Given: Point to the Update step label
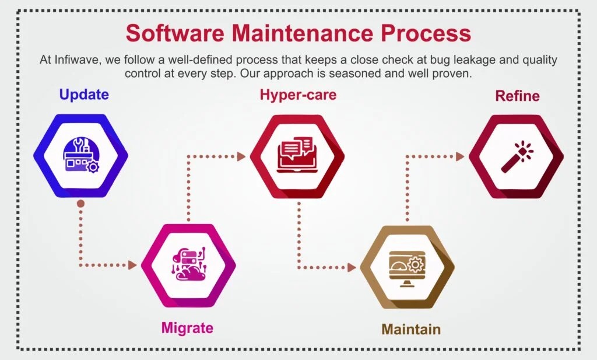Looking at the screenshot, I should pyautogui.click(x=83, y=94).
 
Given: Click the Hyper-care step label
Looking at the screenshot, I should pyautogui.click(x=298, y=95).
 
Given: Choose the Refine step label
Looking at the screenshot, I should pyautogui.click(x=517, y=96).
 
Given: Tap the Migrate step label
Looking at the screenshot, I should pyautogui.click(x=187, y=327).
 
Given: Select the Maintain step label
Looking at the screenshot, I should pyautogui.click(x=411, y=329).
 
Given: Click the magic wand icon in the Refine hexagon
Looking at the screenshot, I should pyautogui.click(x=517, y=156).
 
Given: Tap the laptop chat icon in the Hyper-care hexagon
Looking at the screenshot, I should pyautogui.click(x=297, y=153).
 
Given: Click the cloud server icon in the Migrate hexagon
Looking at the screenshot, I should pyautogui.click(x=189, y=264).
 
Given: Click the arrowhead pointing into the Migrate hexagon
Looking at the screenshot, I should pyautogui.click(x=133, y=265).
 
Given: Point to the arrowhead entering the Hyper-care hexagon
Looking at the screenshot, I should pyautogui.click(x=241, y=156).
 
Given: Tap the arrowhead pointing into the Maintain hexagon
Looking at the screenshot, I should pyautogui.click(x=352, y=268).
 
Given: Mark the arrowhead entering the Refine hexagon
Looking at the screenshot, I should pyautogui.click(x=460, y=156).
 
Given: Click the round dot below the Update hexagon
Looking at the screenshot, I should pyautogui.click(x=80, y=204).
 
